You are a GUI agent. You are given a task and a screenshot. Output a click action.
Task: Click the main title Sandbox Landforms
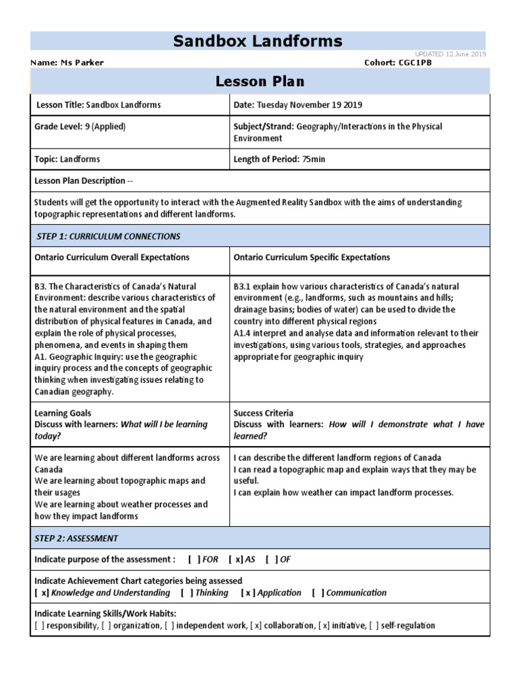(258, 41)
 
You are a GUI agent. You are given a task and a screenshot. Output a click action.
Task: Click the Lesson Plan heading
(259, 81)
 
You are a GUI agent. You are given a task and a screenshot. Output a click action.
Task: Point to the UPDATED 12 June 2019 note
(450, 54)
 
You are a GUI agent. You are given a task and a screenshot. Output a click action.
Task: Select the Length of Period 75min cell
(279, 159)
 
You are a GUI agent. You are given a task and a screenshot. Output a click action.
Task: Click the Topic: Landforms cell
(67, 159)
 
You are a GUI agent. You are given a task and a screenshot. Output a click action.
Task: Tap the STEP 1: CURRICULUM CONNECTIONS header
(107, 236)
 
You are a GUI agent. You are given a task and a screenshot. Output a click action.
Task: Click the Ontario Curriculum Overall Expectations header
(112, 258)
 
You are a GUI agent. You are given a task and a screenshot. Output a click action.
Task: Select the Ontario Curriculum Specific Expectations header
(312, 258)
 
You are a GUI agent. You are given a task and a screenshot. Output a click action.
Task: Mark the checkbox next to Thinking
(187, 593)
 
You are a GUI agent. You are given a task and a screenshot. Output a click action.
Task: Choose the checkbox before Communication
(318, 593)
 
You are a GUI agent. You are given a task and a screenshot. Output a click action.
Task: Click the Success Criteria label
(263, 413)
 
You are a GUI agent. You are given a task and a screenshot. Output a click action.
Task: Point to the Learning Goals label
(62, 413)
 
